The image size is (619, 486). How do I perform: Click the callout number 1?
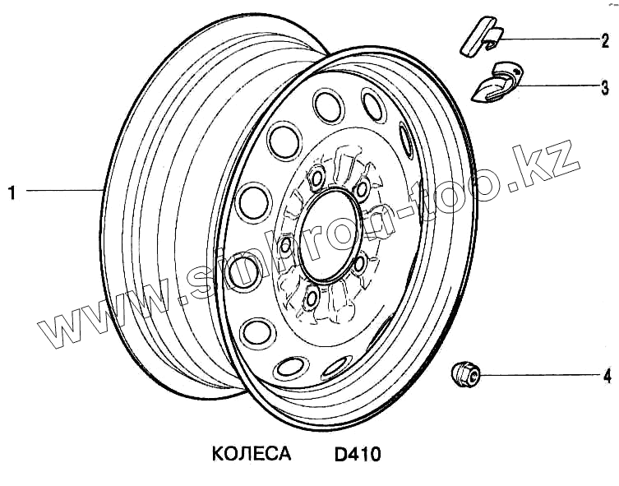pos(12,192)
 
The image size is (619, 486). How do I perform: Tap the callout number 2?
pos(605,41)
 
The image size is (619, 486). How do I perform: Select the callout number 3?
pos(605,88)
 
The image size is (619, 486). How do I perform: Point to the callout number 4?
pos(607,377)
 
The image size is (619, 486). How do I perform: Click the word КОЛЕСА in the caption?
pos(252,454)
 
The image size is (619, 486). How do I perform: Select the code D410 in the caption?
pos(358,454)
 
